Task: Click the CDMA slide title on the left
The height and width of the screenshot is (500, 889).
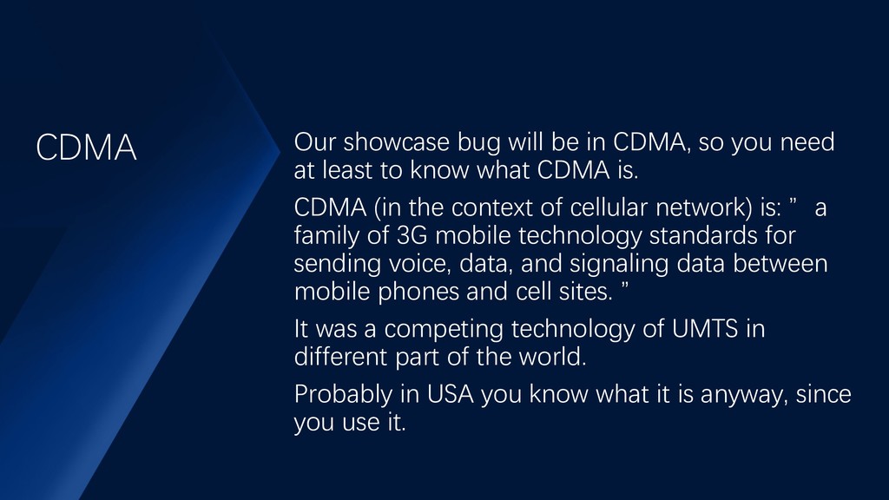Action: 86,148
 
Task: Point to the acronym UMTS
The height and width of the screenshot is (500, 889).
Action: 705,329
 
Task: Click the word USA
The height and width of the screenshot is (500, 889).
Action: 451,394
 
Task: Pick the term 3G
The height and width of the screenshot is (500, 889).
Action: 412,235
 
